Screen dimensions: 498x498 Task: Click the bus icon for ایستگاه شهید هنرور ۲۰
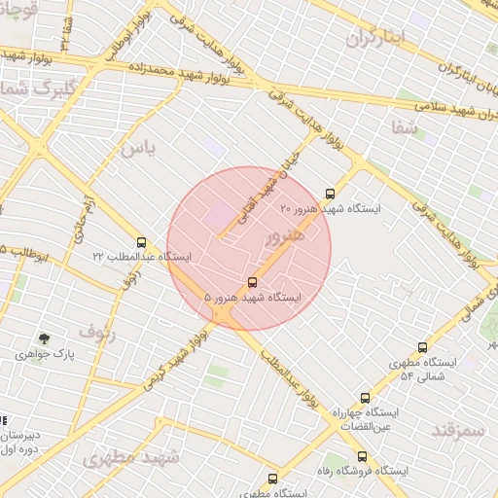pyautogui.click(x=330, y=194)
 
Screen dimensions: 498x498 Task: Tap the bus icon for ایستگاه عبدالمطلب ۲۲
pyautogui.click(x=142, y=242)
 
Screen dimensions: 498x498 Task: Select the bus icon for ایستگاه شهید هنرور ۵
pyautogui.click(x=254, y=282)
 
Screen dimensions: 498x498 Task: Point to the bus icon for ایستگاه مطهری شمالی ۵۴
pyautogui.click(x=422, y=347)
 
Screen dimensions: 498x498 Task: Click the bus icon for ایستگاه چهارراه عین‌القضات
pyautogui.click(x=366, y=398)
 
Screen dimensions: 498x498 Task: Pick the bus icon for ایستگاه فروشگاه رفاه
pyautogui.click(x=361, y=456)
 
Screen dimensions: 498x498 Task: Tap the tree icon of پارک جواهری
pyautogui.click(x=45, y=338)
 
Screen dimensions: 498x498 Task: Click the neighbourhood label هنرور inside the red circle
pyautogui.click(x=284, y=235)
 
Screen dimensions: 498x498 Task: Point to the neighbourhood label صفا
pyautogui.click(x=405, y=127)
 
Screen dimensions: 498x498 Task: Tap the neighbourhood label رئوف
pyautogui.click(x=97, y=332)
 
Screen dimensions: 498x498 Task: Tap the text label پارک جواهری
pyautogui.click(x=45, y=355)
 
